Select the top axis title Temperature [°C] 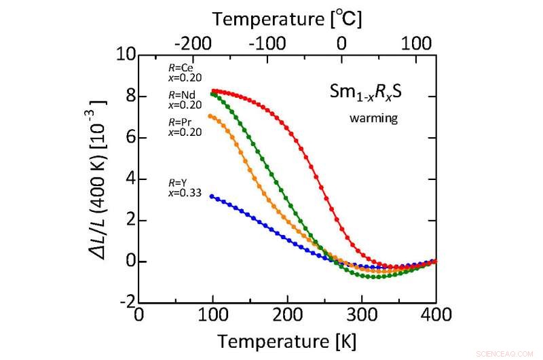[x=287, y=19]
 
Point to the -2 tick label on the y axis [x=125, y=303]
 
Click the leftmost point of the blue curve [x=213, y=196]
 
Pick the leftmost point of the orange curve [x=213, y=116]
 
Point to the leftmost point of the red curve [x=213, y=91]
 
